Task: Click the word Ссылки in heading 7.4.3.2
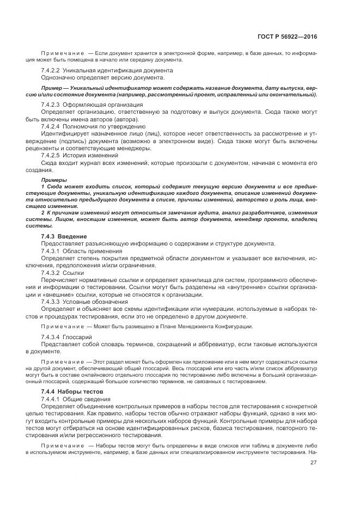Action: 74,273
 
